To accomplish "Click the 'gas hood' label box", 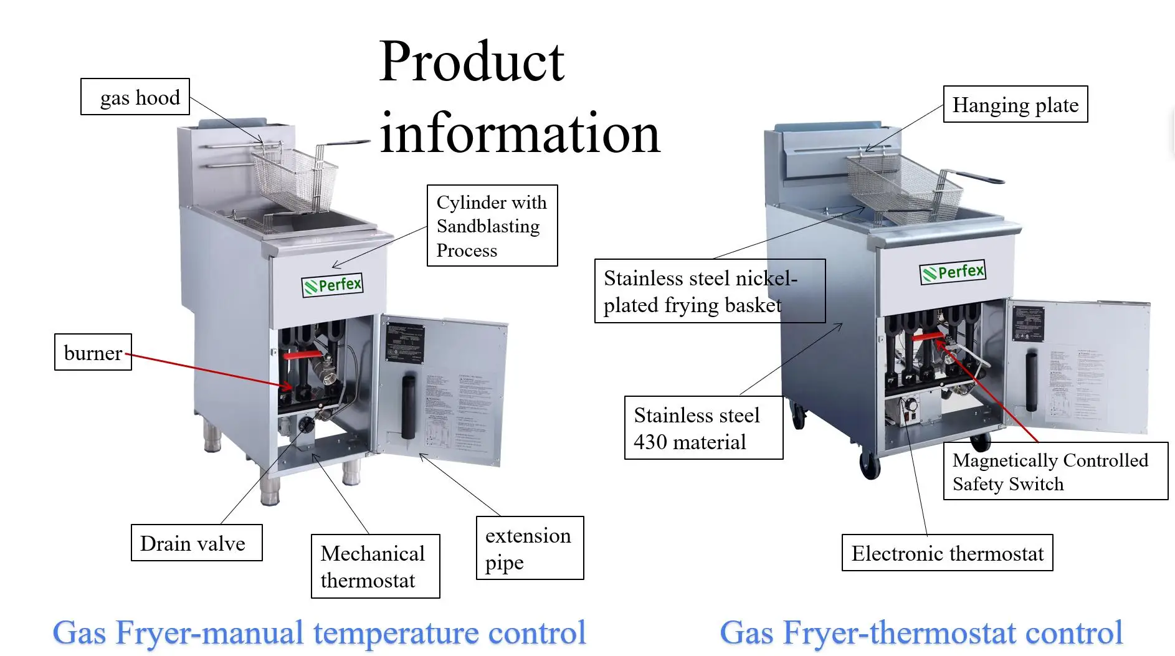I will click(135, 97).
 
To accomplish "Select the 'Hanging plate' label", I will click(1015, 105).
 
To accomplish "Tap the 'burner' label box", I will click(93, 353).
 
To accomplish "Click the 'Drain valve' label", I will click(196, 543).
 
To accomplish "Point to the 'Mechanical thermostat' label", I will click(375, 566).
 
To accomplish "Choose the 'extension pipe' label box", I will click(530, 548).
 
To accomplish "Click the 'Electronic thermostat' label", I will click(947, 553).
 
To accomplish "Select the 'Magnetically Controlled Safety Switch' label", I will click(1055, 471).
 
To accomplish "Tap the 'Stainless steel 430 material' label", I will click(703, 428).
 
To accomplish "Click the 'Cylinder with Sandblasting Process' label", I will click(492, 226).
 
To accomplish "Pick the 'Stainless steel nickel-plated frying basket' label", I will click(710, 291).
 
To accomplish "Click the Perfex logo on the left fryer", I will click(333, 285).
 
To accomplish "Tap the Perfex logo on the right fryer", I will click(953, 272).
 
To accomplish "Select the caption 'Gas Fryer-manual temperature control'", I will click(319, 632).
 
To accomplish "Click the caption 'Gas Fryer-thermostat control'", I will click(921, 632).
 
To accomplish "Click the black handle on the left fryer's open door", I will click(409, 406).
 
